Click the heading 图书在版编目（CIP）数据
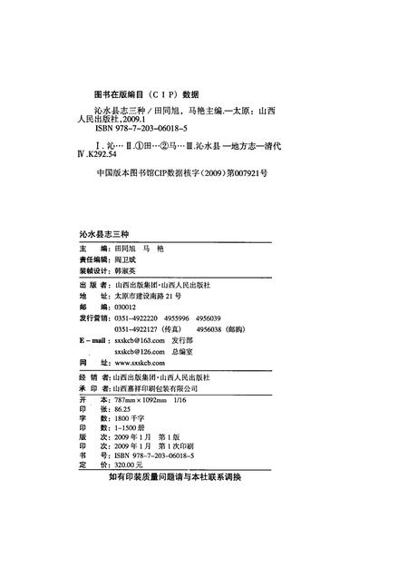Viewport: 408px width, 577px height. click(147, 93)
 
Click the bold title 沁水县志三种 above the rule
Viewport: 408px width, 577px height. click(106, 234)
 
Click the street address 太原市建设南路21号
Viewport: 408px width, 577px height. click(151, 296)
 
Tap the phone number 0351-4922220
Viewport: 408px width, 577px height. click(141, 319)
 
